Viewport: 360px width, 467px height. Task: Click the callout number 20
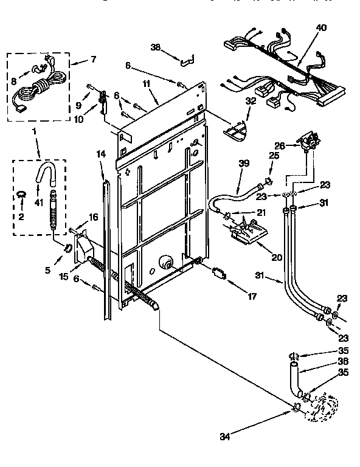(x=277, y=258)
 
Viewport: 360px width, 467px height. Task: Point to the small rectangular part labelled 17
(x=218, y=272)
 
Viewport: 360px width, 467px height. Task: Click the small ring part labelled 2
(x=21, y=195)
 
